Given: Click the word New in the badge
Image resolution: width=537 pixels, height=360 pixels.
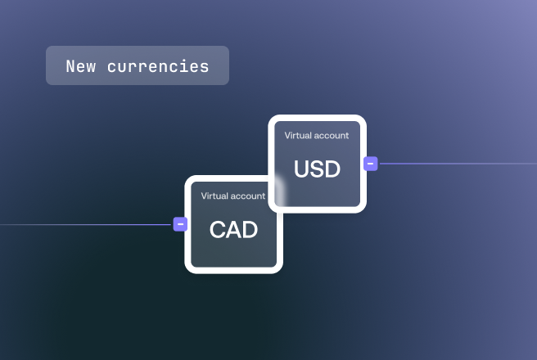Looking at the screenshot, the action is [81, 66].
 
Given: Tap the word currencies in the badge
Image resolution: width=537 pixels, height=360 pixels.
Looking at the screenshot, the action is [158, 66].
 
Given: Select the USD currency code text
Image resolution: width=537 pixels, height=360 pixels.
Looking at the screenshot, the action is [317, 169].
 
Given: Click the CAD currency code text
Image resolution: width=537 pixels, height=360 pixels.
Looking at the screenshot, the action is [233, 229].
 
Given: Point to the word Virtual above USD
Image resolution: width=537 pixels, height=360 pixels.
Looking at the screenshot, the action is [298, 136].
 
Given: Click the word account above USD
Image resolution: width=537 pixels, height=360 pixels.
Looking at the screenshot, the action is [332, 136].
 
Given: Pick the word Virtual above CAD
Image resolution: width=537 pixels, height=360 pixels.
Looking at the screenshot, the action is [214, 196].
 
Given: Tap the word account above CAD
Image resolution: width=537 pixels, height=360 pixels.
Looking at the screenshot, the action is [248, 196].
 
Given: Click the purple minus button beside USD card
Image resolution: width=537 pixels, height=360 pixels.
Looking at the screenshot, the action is [371, 164].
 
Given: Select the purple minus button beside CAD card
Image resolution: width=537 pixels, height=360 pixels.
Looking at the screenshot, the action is [180, 224].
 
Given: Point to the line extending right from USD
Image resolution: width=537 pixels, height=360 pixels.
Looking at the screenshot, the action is [458, 164].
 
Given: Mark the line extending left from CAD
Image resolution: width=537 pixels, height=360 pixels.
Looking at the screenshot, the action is [85, 224].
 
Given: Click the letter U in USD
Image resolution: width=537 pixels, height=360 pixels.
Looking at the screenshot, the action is [301, 169].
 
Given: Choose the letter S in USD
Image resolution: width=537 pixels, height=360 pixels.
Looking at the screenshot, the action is [317, 169].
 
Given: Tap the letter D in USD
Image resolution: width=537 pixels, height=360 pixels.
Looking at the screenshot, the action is [333, 169].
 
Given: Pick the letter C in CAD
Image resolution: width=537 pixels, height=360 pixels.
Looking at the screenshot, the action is [217, 229].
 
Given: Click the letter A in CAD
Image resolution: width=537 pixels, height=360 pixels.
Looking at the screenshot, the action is [233, 229].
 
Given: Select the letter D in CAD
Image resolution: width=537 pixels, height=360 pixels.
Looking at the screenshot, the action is [250, 229].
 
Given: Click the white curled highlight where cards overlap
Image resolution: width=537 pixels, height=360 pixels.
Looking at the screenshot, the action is [280, 191].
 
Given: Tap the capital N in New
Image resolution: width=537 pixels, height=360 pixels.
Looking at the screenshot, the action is [70, 66].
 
